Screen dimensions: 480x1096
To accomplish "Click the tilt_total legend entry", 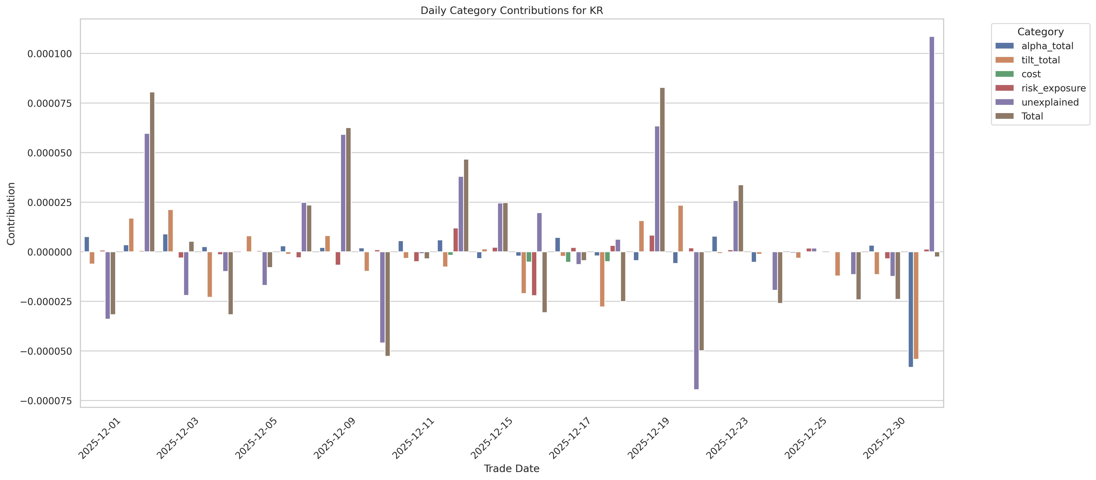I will click(x=1040, y=60).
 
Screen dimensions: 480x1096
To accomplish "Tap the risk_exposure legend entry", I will click(x=1053, y=88).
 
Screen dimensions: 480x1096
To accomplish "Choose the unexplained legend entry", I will click(x=1050, y=102).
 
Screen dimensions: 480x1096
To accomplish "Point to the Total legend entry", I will click(x=1032, y=116).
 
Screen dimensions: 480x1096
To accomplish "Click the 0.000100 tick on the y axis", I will click(x=50, y=54).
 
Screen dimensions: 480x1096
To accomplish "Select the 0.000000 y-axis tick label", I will click(x=50, y=252).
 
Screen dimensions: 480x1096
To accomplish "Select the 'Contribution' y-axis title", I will click(x=11, y=213).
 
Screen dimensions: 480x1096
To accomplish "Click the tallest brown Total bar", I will click(x=662, y=170).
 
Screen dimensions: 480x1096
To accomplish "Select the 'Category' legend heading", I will click(x=1040, y=32).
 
